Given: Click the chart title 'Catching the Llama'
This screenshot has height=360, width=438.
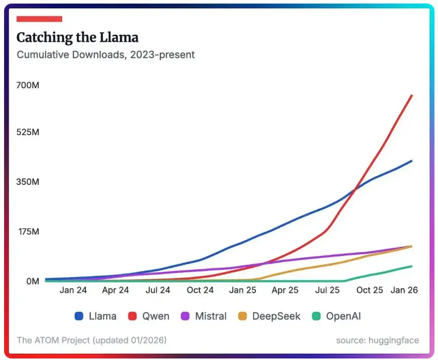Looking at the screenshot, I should [77, 37].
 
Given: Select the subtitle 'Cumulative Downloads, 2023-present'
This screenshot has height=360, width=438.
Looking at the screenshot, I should [106, 54].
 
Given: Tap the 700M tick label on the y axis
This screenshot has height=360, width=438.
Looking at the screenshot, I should [28, 85].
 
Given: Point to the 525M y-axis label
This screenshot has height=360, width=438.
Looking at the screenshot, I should [28, 132].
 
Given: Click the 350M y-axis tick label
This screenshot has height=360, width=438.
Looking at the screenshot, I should [28, 182].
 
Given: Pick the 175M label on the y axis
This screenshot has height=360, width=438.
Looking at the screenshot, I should [28, 232].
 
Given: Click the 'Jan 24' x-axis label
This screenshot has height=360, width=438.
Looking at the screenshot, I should [73, 290].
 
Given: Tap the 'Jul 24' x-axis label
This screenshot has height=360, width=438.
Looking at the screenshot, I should [158, 290].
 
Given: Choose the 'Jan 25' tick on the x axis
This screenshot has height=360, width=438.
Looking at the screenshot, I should [243, 290].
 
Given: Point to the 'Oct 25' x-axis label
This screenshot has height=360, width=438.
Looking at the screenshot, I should [370, 290].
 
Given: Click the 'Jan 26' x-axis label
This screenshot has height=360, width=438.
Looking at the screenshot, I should [404, 290].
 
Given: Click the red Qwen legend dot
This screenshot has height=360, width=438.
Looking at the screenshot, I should [133, 316].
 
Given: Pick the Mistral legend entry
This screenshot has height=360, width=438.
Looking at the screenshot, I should [204, 316].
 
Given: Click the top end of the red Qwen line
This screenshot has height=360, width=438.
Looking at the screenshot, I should [412, 95].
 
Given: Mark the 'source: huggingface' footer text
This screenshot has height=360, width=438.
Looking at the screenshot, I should [377, 340].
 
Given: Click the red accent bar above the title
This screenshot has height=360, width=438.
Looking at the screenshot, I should [39, 19].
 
